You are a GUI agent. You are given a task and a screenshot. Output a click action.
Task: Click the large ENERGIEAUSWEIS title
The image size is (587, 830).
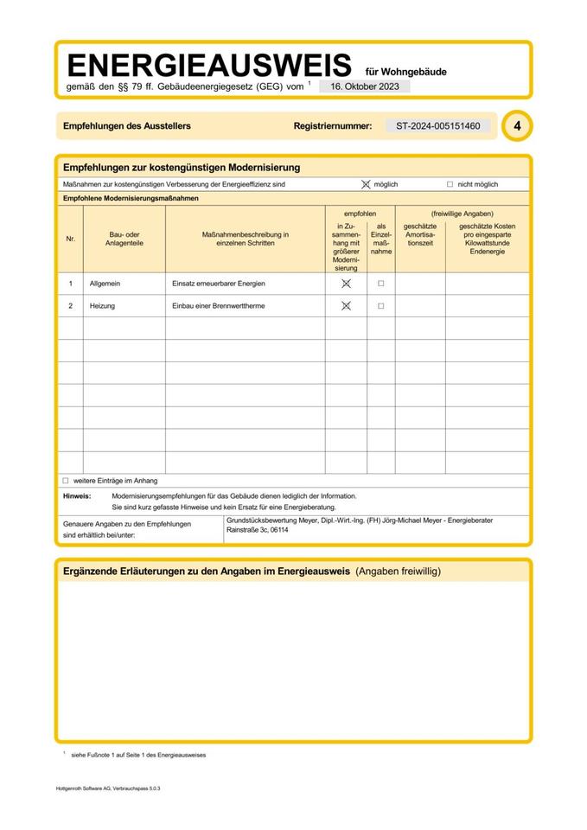click(209, 66)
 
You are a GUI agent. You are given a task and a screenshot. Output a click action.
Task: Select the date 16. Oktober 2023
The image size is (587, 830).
click(364, 86)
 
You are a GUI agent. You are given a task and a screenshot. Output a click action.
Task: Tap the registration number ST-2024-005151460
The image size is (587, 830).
click(437, 126)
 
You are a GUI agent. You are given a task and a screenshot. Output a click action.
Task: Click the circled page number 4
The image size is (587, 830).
click(517, 126)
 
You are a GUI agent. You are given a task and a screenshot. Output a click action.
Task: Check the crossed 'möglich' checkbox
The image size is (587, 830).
click(366, 184)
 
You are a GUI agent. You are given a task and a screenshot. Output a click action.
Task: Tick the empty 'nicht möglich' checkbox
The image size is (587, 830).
click(450, 184)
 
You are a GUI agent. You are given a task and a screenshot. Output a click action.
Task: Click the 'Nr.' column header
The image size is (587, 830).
click(70, 239)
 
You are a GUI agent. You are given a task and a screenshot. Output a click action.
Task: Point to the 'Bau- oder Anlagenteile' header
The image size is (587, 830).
click(124, 239)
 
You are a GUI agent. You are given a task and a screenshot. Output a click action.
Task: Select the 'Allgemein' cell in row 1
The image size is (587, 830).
click(104, 284)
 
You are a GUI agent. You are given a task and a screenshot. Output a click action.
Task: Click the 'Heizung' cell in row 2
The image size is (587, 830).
click(102, 306)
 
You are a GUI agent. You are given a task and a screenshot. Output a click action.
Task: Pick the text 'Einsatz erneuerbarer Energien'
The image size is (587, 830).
click(219, 284)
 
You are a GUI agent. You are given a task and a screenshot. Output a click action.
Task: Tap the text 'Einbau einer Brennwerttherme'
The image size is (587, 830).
click(219, 306)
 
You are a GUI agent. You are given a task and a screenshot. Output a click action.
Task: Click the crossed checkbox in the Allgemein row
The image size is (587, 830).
click(346, 284)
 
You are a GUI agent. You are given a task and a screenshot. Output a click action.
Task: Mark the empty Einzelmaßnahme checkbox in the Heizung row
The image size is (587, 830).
click(380, 306)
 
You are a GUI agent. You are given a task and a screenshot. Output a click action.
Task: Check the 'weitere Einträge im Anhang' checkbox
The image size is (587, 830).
click(65, 480)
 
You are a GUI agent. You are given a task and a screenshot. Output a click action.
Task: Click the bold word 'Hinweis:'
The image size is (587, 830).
click(77, 496)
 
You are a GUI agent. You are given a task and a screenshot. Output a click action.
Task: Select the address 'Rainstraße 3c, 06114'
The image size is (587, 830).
click(257, 529)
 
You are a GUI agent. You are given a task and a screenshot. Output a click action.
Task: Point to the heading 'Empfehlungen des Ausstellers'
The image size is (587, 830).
click(127, 126)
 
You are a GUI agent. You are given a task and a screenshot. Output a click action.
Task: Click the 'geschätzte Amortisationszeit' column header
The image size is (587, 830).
click(420, 235)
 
